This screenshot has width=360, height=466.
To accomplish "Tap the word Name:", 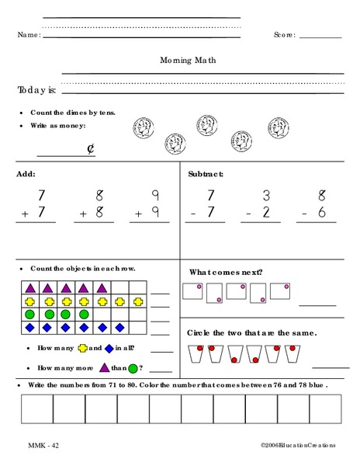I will (28, 36).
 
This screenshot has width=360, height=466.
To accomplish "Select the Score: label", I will (285, 36).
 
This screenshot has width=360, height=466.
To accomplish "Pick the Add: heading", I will (26, 174).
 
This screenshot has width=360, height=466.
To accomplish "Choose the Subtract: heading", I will (206, 174).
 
